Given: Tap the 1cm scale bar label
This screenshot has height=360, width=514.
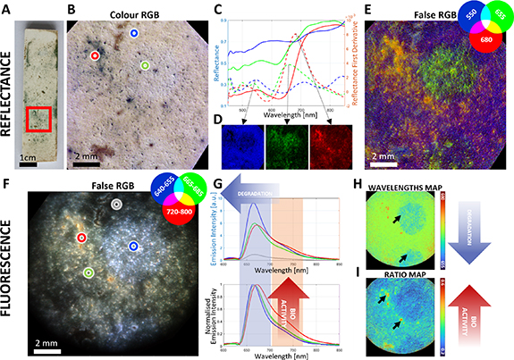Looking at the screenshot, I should click(31, 163).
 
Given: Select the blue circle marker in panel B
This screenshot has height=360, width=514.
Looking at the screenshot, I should click(133, 33).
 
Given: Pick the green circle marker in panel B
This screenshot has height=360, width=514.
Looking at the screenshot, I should click(144, 66).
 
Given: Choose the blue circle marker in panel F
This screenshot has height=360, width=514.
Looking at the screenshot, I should click(133, 246).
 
